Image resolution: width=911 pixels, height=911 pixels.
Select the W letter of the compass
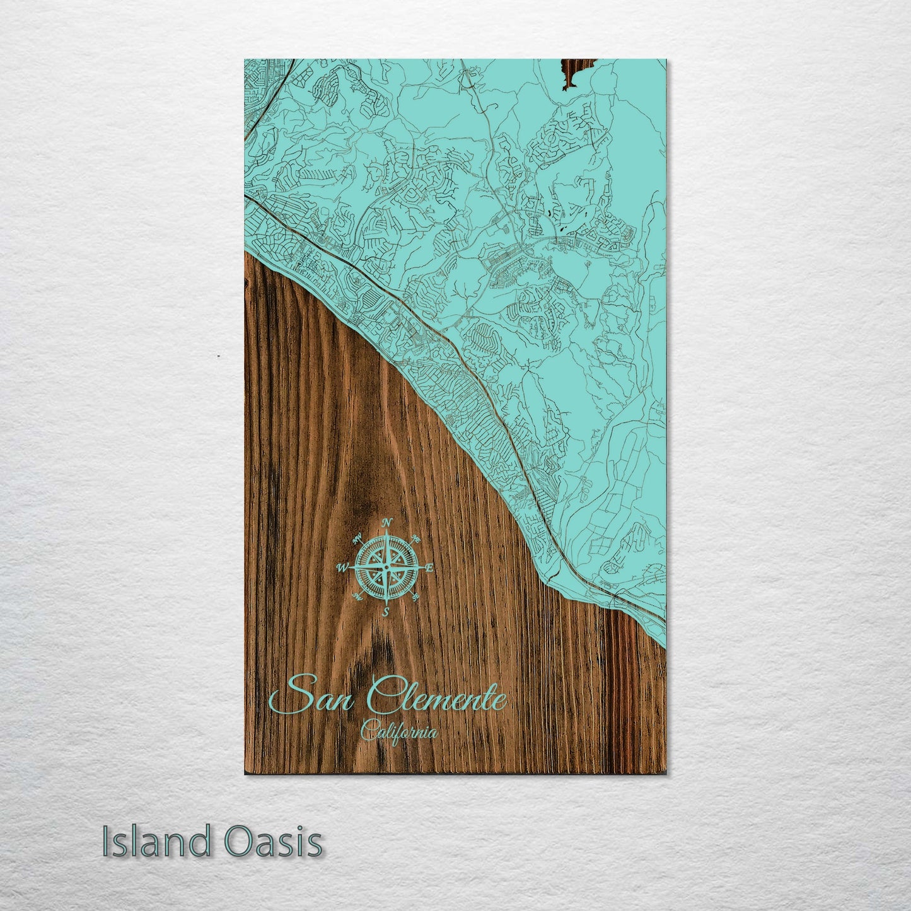click(344, 568)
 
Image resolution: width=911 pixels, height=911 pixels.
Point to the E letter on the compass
click(429, 568)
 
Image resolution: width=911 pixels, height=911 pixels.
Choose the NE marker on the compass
click(416, 538)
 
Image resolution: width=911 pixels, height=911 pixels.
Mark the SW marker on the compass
click(357, 596)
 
